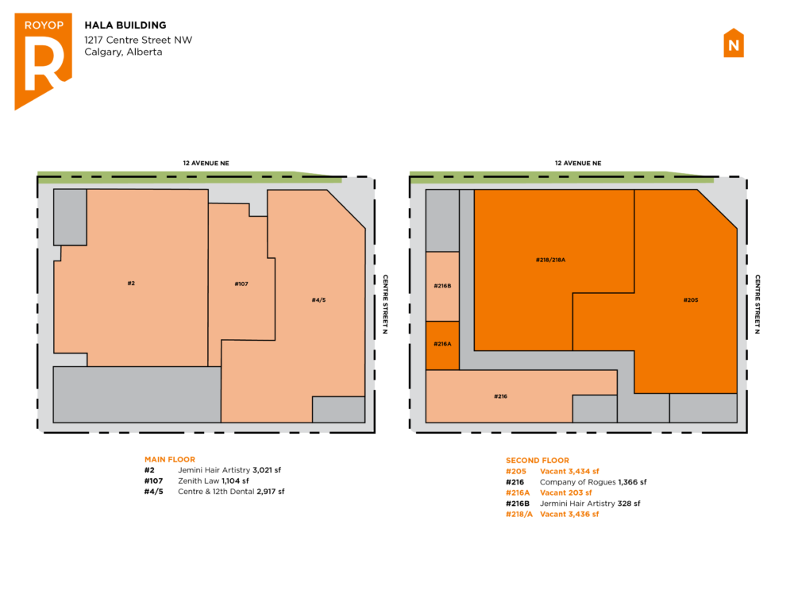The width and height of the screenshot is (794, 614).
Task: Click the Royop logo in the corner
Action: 43,61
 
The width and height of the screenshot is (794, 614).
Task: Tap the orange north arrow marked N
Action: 733,43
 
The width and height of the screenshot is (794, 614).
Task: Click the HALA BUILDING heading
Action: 125,25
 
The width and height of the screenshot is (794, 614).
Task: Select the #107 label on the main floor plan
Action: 241,284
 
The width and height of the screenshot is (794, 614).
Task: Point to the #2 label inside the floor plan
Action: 131,284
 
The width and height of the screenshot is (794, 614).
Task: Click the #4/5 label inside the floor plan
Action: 318,300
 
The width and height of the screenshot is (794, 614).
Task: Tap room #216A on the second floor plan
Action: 442,346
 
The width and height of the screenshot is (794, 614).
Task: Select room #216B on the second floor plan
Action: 442,286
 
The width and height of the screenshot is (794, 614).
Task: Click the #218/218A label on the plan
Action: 550,260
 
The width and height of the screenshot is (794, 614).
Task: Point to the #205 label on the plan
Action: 691,300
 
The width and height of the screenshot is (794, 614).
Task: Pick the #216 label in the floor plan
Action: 500,396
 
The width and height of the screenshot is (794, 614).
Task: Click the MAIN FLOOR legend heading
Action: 170,459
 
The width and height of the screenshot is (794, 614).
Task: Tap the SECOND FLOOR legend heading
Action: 538,461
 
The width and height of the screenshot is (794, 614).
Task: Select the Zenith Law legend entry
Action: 198,481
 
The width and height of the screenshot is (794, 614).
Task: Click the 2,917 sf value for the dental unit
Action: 271,492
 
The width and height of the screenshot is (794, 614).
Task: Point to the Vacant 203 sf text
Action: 565,493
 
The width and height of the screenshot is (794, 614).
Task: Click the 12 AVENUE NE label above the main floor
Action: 206,163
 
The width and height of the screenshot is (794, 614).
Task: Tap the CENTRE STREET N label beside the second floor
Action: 757,304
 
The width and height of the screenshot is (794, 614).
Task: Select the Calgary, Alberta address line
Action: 123,52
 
